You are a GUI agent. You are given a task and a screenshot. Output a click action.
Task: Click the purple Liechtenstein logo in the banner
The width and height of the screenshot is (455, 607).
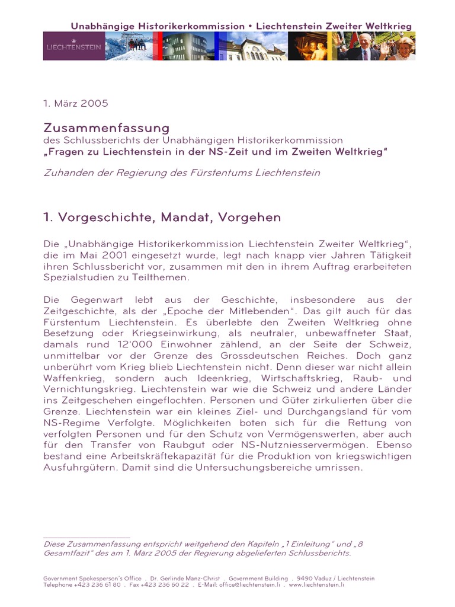pos(74,46)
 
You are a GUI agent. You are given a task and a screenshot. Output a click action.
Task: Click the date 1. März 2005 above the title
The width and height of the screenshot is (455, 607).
pos(76,103)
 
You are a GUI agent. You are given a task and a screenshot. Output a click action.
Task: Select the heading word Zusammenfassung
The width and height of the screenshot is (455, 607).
pos(107,128)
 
